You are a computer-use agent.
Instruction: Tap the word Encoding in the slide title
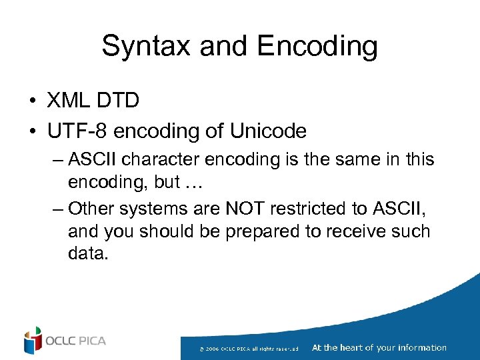tap(317, 47)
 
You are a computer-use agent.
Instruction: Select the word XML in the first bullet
tap(68, 101)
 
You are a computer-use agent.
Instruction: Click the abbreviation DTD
tap(117, 101)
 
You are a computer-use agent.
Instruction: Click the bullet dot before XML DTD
tap(31, 101)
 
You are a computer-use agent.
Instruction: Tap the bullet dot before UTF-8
tap(31, 132)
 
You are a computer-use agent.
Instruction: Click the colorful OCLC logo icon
tap(33, 341)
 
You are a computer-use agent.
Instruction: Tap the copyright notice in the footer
tap(253, 349)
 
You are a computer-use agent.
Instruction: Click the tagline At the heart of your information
tap(379, 347)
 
